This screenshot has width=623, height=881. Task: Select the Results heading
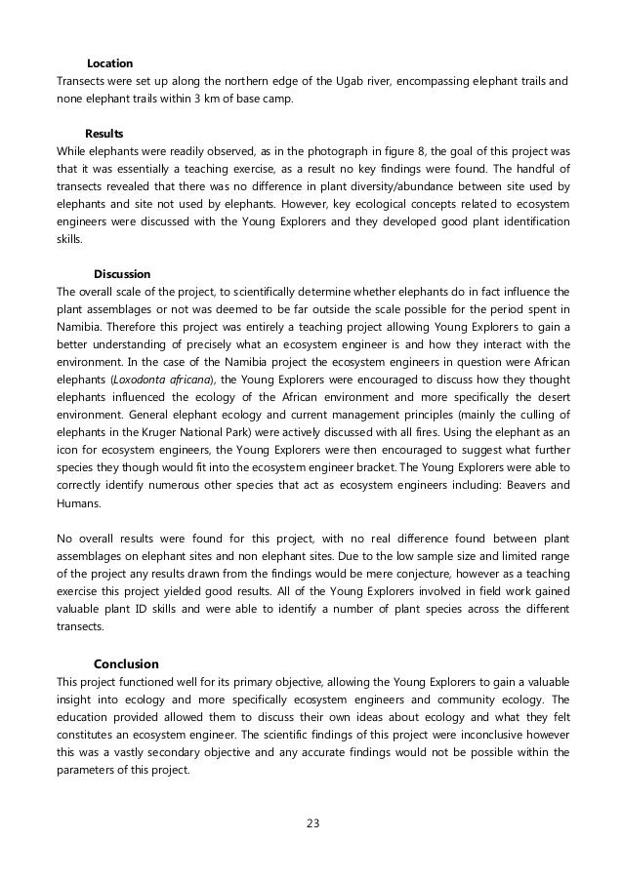point(104,132)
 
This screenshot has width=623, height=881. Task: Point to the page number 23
point(312,821)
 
